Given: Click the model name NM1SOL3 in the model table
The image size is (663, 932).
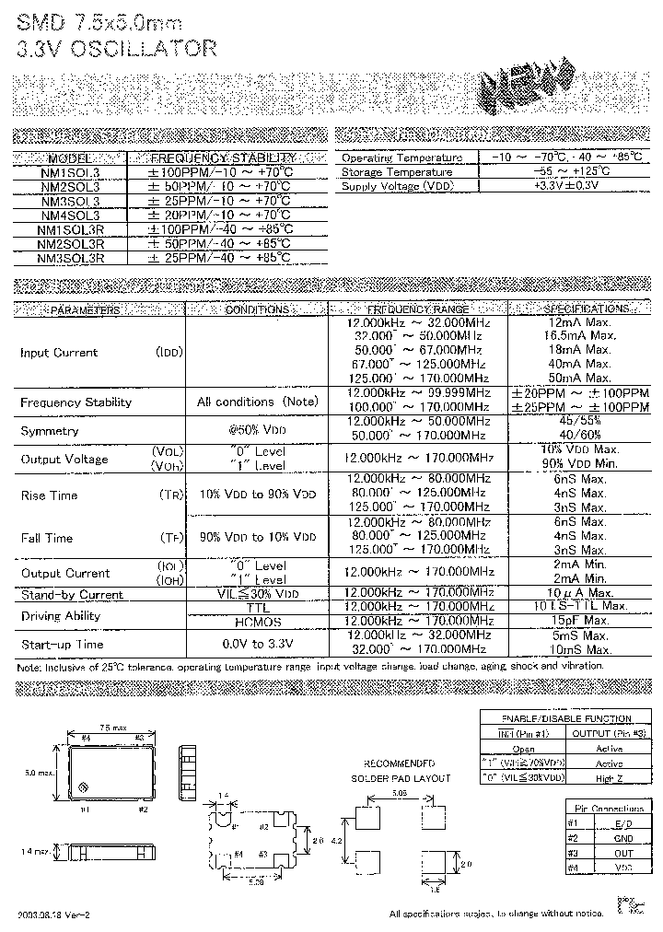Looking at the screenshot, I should click(x=70, y=171).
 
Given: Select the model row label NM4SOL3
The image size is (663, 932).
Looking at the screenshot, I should click(x=70, y=214).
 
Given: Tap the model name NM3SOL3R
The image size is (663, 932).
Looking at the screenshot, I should click(x=70, y=259).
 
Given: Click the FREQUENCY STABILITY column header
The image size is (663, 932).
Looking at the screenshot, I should click(x=222, y=157).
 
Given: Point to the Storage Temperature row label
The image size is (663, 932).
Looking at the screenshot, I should click(x=397, y=171).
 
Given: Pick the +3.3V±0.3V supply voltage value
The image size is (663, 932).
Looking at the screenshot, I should click(x=565, y=185).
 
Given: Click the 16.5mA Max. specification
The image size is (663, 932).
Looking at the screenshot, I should click(x=579, y=337).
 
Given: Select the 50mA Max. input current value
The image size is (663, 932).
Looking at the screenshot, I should click(x=579, y=378).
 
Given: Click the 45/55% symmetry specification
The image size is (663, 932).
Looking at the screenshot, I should click(x=579, y=421).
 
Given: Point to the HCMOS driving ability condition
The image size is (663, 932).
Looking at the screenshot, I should click(x=257, y=622).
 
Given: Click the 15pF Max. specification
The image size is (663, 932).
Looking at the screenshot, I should click(x=579, y=622).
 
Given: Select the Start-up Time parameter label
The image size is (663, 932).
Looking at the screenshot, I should click(x=62, y=644).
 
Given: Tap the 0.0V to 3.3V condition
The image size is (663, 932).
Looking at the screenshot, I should click(x=257, y=644).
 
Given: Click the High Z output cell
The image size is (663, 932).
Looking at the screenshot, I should click(x=609, y=778).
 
